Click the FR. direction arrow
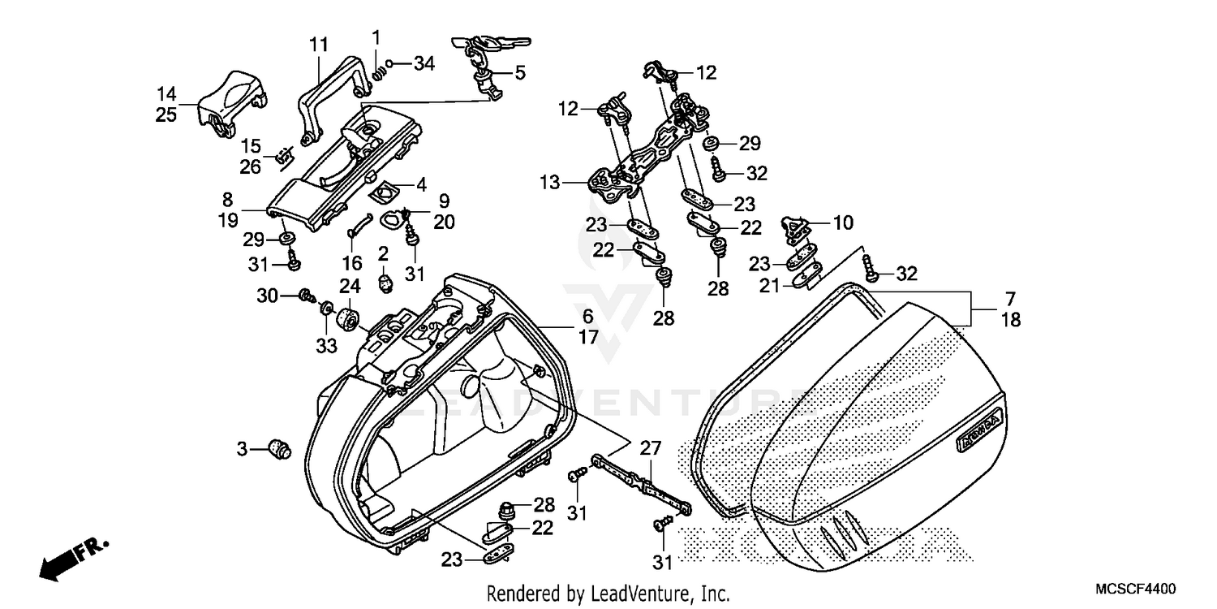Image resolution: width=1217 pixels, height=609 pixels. click(x=71, y=559)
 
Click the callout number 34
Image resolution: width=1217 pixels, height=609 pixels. click(x=424, y=63)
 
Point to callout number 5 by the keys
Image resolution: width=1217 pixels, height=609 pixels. click(x=519, y=72)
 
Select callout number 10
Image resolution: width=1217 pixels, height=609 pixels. click(x=842, y=222)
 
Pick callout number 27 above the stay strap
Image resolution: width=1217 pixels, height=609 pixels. click(x=651, y=447)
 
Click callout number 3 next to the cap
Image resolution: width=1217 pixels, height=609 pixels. click(x=243, y=448)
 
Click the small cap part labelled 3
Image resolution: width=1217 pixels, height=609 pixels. click(x=280, y=448)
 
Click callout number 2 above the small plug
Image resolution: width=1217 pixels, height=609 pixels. click(x=382, y=255)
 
